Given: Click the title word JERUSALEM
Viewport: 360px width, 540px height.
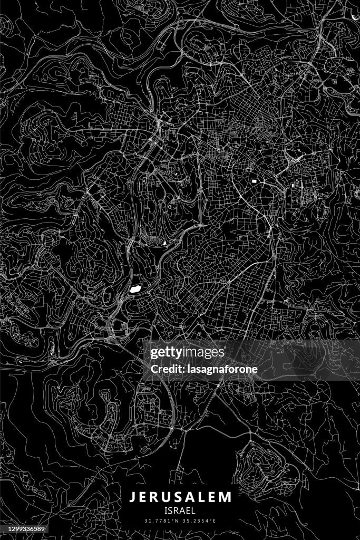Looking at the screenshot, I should pos(180,497).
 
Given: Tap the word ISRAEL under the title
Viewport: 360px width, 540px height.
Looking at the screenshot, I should pos(180,510).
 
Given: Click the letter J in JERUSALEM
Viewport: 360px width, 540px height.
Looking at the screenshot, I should pos(132,497).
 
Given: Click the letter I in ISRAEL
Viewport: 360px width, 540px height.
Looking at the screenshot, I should pos(165,510).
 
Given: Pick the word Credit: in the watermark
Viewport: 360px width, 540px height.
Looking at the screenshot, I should pos(166,369).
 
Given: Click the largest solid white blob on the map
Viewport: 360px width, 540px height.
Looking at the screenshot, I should pos(134,289).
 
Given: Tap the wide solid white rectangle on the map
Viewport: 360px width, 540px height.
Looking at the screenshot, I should pos(255,181).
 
